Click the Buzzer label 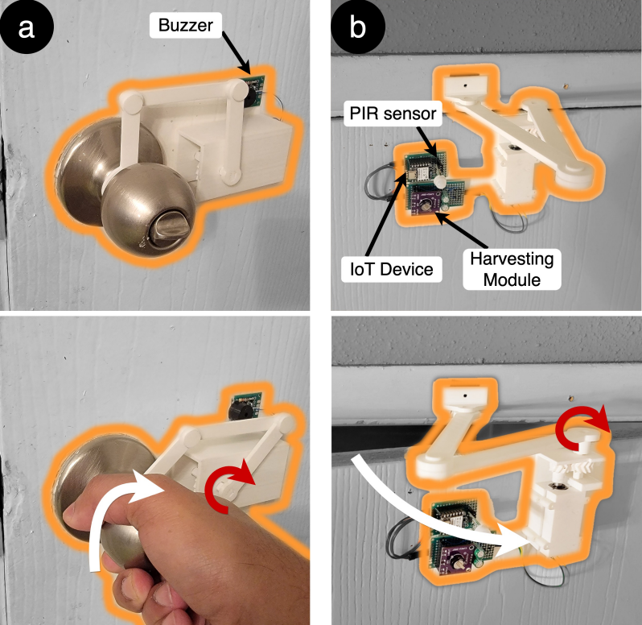tap(186, 26)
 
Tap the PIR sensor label tap(393, 113)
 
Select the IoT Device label tap(392, 269)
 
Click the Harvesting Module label tap(512, 269)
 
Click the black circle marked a tap(27, 27)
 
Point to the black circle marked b tap(358, 27)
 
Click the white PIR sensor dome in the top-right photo tap(440, 181)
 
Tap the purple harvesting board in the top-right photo tap(426, 202)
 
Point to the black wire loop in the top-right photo tap(376, 180)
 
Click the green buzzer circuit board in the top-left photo tap(253, 90)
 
